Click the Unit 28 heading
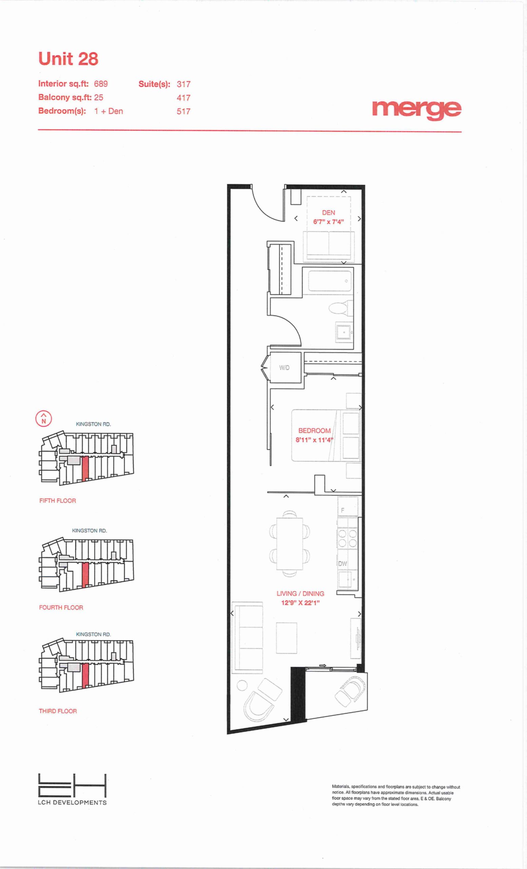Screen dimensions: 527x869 [x=68, y=59]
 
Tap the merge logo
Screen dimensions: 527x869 [x=417, y=110]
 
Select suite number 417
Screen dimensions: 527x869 [x=183, y=98]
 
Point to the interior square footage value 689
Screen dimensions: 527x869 [x=101, y=84]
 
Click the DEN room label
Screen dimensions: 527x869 [x=328, y=212]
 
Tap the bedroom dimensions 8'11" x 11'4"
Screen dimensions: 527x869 [x=314, y=440]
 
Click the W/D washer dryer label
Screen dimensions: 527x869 [x=284, y=368]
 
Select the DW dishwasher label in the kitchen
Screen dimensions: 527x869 [x=343, y=563]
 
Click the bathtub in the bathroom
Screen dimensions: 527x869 [x=330, y=280]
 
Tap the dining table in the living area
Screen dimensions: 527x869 [x=290, y=543]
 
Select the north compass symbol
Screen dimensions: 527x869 [x=44, y=419]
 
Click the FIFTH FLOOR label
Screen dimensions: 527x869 [x=57, y=501]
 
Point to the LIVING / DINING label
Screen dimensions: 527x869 [x=300, y=594]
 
